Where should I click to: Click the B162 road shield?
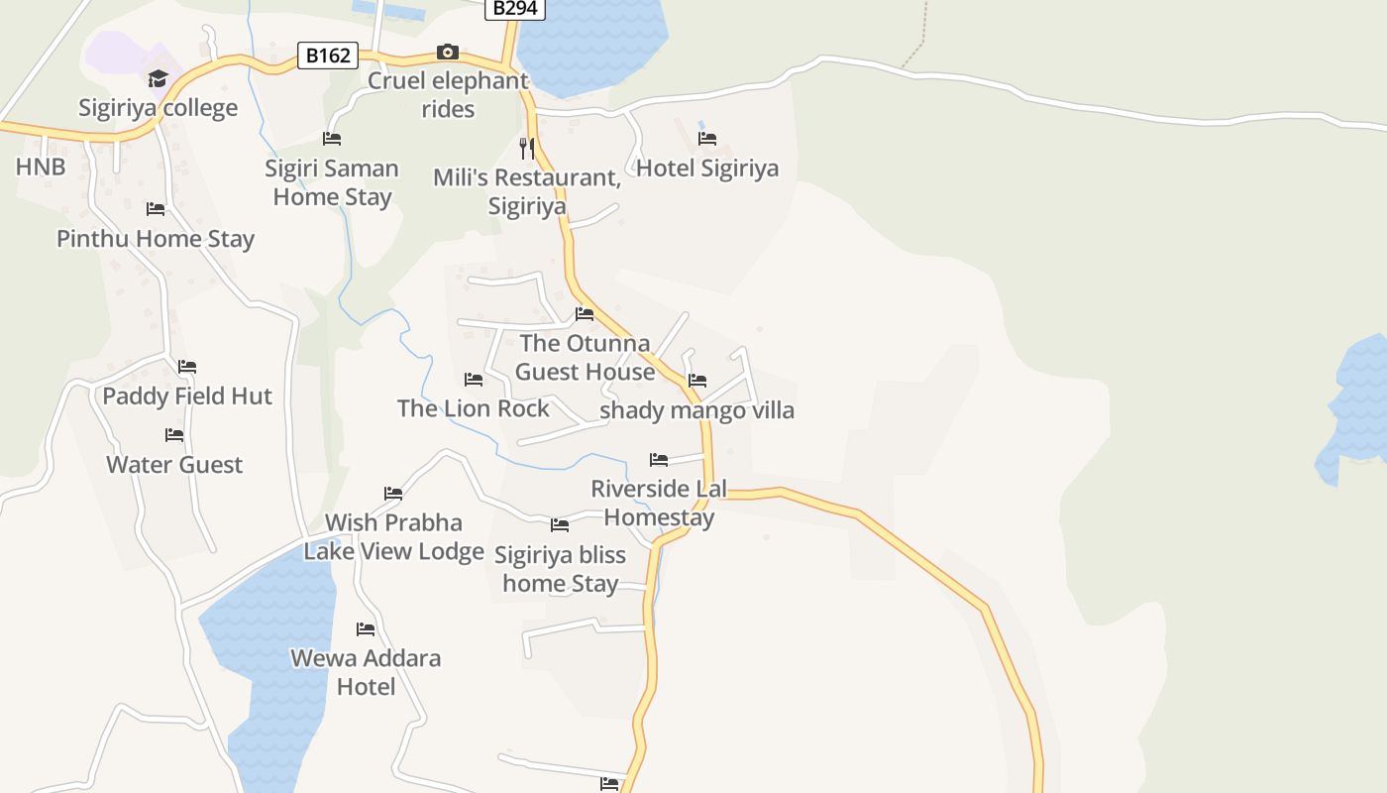point(328,56)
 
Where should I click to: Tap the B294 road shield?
point(515,8)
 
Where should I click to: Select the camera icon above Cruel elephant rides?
point(448,52)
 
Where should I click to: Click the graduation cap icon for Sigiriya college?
point(158,78)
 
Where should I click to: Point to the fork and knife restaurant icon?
point(527,149)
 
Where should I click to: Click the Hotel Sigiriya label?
point(707,169)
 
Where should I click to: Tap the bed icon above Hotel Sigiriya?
point(707,139)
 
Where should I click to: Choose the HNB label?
point(41,167)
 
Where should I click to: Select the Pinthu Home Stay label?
point(156,239)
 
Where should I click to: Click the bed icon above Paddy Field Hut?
point(187,367)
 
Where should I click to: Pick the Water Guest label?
point(174,465)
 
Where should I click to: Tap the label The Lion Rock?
point(474,408)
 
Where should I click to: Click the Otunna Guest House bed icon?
point(585,314)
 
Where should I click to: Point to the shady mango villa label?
point(697,410)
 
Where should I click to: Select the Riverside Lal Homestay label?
point(659,503)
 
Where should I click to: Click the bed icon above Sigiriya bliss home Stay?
point(560,525)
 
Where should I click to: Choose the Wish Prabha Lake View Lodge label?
point(393,536)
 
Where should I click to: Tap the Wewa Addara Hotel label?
point(366,672)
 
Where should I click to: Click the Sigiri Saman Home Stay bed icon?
point(332,139)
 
